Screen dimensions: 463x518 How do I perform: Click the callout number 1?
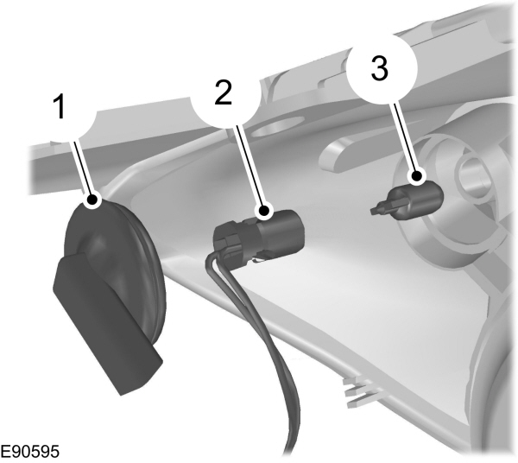pyautogui.click(x=59, y=107)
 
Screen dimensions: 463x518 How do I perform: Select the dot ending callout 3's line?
pyautogui.click(x=417, y=179)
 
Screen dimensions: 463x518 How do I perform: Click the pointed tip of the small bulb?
pyautogui.click(x=378, y=208)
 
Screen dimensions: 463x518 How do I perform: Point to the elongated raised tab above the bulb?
pyautogui.click(x=345, y=155)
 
